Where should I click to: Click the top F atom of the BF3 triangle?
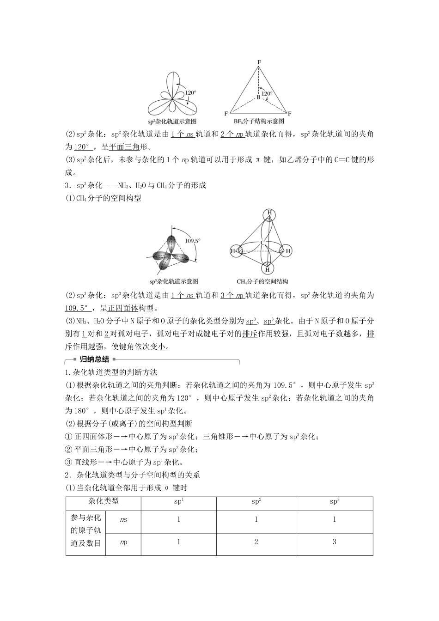coord(259,62)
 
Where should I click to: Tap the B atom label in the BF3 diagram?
coord(258,97)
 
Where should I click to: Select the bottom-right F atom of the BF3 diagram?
coord(290,113)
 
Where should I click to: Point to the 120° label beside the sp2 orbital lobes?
coord(190,92)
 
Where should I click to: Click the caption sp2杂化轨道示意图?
coord(172,122)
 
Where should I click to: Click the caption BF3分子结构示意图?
coord(259,122)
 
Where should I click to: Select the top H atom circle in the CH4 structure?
coord(268,214)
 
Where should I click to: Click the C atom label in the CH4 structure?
coord(262,243)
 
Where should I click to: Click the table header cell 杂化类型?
coord(104,501)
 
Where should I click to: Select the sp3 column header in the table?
coord(334,501)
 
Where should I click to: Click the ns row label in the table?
coord(123,520)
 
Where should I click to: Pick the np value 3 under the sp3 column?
coord(334,542)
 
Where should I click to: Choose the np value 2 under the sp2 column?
coord(256,542)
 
